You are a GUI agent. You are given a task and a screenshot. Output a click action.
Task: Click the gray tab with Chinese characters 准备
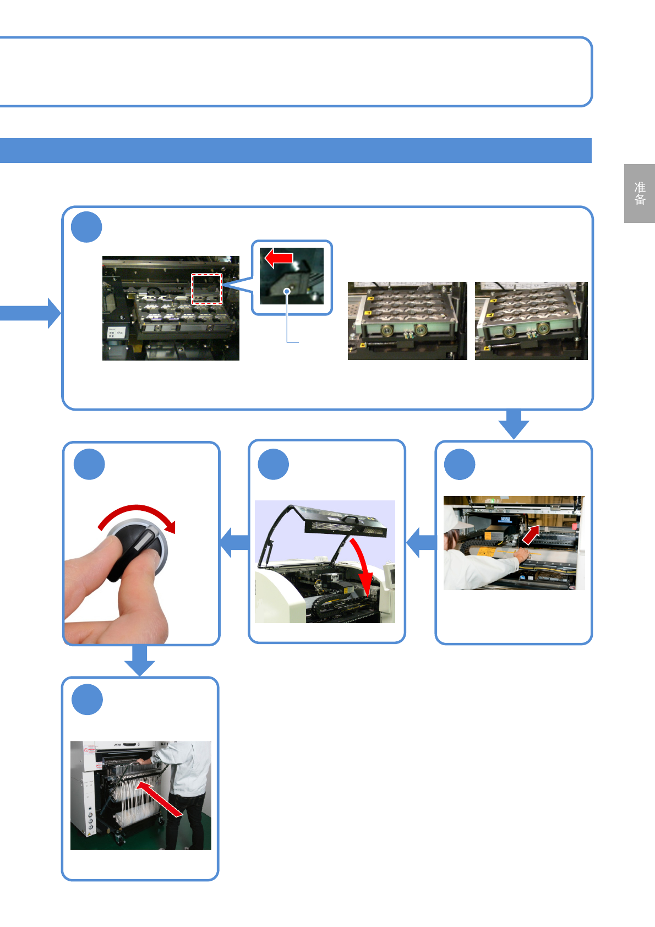639,193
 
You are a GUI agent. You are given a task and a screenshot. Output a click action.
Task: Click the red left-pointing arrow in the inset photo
279,257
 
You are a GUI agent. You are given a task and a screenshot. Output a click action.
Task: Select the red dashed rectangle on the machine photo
206,288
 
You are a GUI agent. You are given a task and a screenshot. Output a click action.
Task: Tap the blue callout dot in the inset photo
287,291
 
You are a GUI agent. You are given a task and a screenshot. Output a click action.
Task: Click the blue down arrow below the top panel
514,424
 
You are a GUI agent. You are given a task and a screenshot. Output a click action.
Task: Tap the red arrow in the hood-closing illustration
362,567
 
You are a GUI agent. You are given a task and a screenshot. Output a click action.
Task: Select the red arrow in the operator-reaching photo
531,534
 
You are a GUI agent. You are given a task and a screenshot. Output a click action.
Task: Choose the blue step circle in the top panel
87,227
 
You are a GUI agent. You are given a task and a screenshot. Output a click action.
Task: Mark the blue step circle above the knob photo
89,465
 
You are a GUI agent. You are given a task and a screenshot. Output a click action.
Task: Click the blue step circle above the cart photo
88,700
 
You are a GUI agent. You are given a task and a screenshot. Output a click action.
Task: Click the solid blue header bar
296,150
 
